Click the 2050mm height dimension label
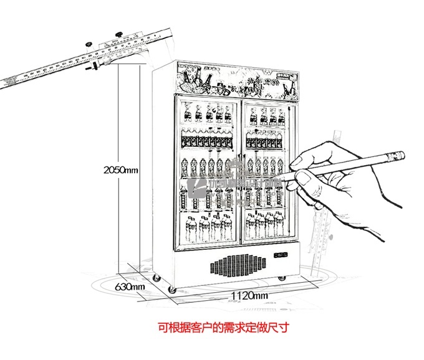(x=120, y=169)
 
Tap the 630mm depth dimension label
(x=131, y=287)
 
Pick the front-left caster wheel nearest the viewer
(x=172, y=288)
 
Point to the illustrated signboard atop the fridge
(x=237, y=80)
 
